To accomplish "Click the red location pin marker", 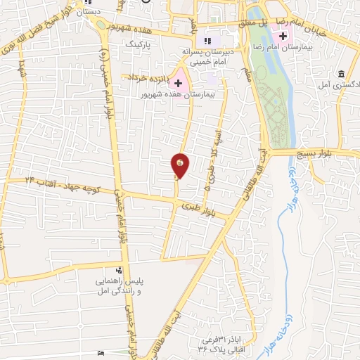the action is [x=180, y=165].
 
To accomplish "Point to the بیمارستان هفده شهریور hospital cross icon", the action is [x=178, y=83].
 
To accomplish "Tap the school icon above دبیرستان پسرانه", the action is [x=206, y=39].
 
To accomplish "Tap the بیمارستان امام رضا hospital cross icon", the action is [x=283, y=35].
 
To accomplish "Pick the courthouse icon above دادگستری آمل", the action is [x=342, y=74].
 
